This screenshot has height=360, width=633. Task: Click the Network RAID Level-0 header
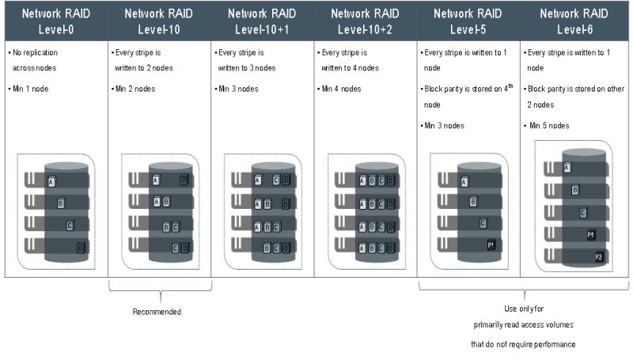(x=55, y=21)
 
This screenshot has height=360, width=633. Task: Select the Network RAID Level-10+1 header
(x=262, y=21)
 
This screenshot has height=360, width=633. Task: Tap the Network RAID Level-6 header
(x=574, y=21)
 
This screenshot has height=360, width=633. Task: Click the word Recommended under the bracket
(x=157, y=312)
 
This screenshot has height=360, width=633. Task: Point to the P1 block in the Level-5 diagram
(x=491, y=244)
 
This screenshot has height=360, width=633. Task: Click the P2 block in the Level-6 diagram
(x=598, y=256)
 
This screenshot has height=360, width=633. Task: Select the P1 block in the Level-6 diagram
(x=590, y=234)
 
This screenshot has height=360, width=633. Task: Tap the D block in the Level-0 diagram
(x=81, y=248)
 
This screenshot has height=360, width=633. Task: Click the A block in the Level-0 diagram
(x=51, y=182)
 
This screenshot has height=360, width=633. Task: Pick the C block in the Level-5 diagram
(x=483, y=223)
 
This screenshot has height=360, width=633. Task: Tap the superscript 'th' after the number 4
(x=510, y=85)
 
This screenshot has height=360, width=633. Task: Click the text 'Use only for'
(x=524, y=309)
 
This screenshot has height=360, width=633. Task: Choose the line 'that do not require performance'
(x=523, y=344)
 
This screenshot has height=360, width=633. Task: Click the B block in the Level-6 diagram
(x=575, y=190)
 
